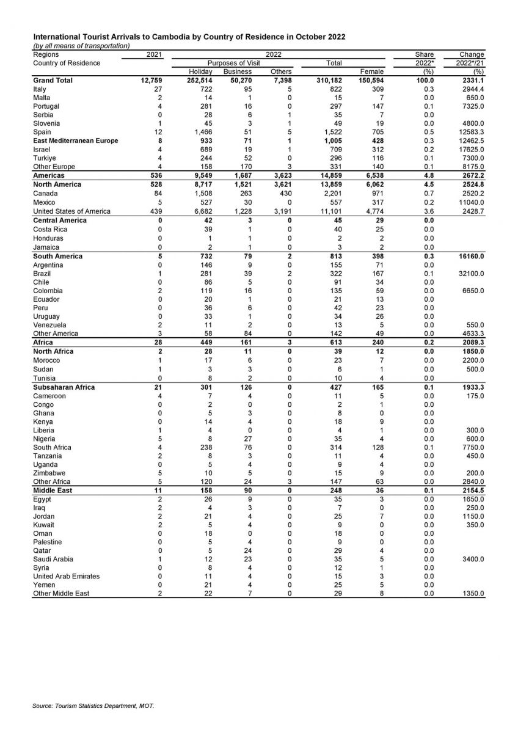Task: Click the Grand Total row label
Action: (x=53, y=80)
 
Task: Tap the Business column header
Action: (x=237, y=71)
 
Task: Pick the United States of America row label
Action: (x=72, y=211)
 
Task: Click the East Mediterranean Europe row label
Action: (x=76, y=140)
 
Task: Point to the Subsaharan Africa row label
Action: (x=64, y=387)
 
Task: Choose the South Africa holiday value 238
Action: (x=205, y=447)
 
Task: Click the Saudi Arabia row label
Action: (x=53, y=559)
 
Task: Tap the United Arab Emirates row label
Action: (x=67, y=576)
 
